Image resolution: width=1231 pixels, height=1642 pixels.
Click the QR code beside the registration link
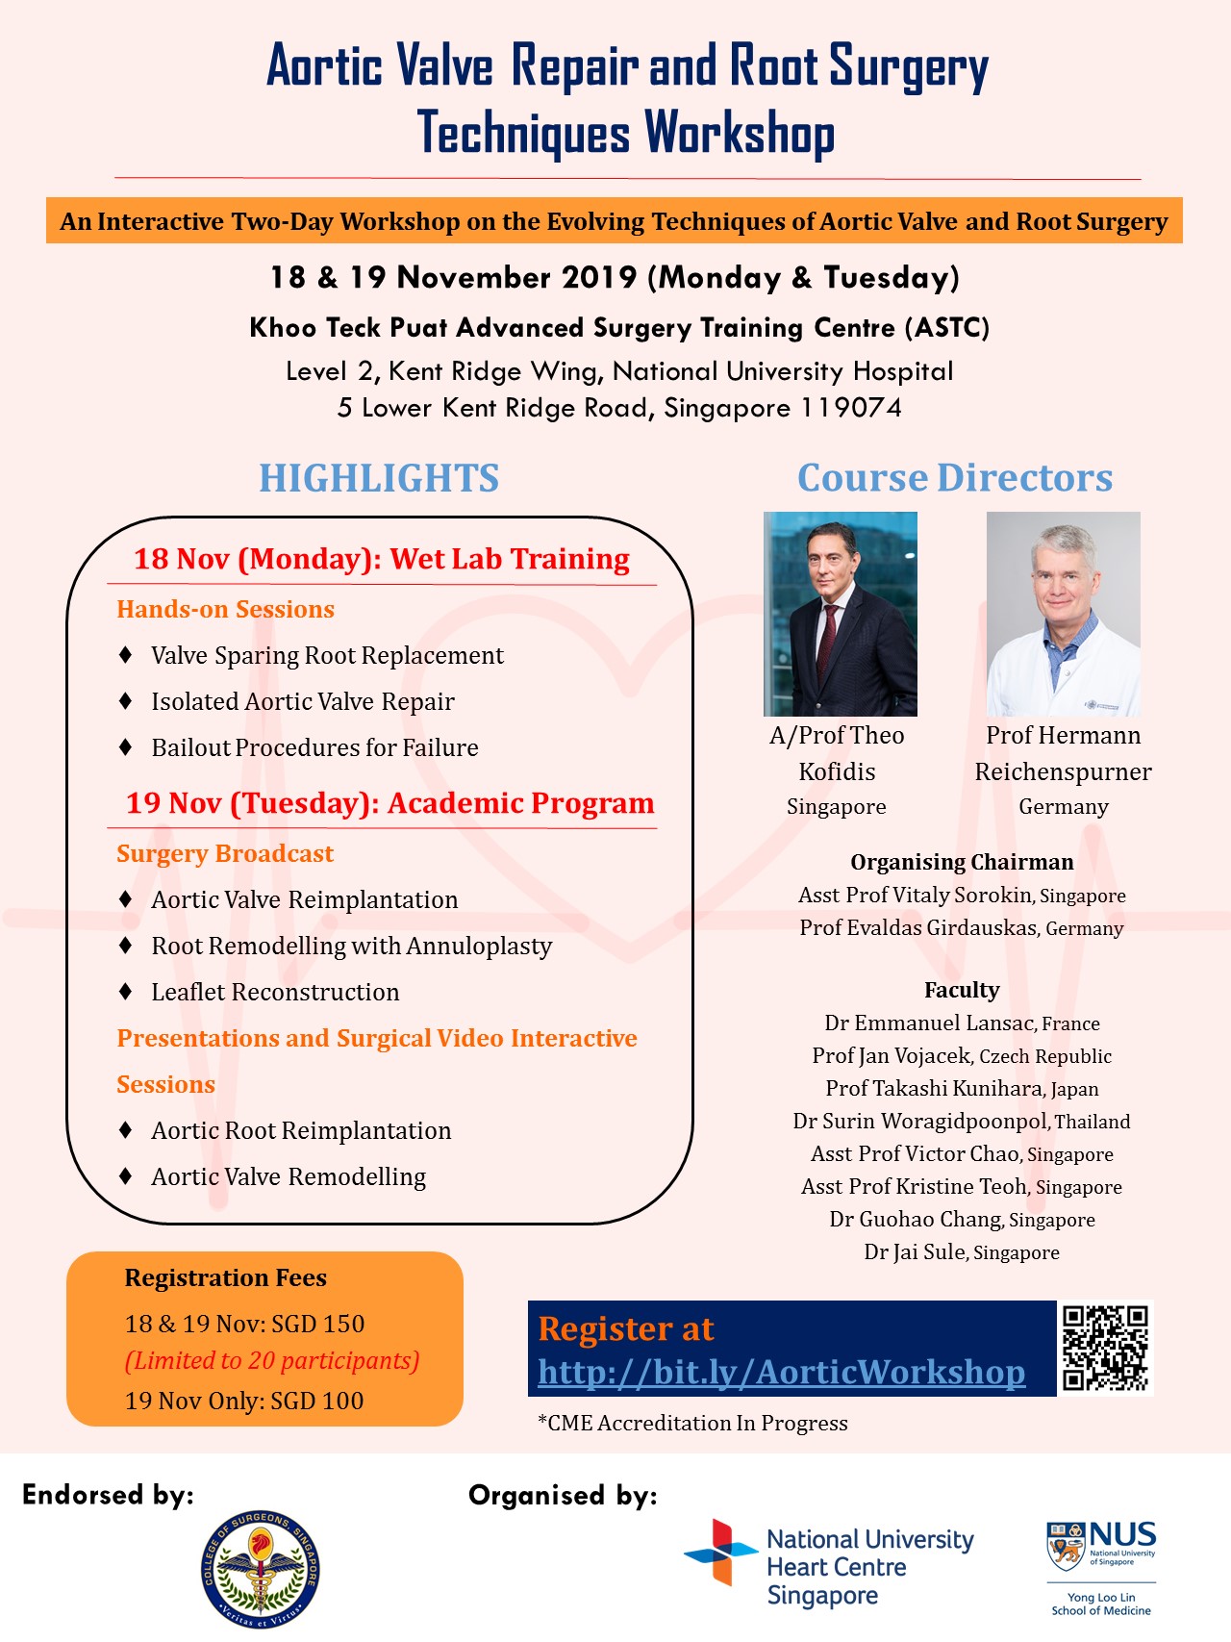tap(1105, 1348)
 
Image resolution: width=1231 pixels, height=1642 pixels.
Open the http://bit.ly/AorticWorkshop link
tap(781, 1373)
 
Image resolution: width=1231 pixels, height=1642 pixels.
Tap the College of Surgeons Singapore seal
tap(261, 1568)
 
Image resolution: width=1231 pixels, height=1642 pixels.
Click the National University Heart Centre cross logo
tap(720, 1552)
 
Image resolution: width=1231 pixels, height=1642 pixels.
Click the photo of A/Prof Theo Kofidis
tap(840, 614)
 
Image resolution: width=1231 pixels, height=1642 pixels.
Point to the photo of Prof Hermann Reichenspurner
tap(1063, 614)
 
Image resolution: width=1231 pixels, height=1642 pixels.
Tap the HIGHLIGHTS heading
tap(379, 478)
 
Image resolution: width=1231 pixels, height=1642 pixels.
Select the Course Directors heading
tap(954, 478)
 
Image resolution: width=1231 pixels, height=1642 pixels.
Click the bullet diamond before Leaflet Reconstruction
tap(125, 991)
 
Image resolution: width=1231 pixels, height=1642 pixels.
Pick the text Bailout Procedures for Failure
tap(314, 747)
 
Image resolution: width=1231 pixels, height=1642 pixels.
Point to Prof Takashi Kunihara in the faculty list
tap(934, 1088)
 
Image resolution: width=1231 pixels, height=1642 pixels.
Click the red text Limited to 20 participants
tap(272, 1361)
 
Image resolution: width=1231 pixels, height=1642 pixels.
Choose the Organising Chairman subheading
tap(962, 862)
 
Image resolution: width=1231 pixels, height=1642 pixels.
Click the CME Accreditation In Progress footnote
tap(692, 1423)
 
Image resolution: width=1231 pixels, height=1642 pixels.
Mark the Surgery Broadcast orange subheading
tap(225, 853)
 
